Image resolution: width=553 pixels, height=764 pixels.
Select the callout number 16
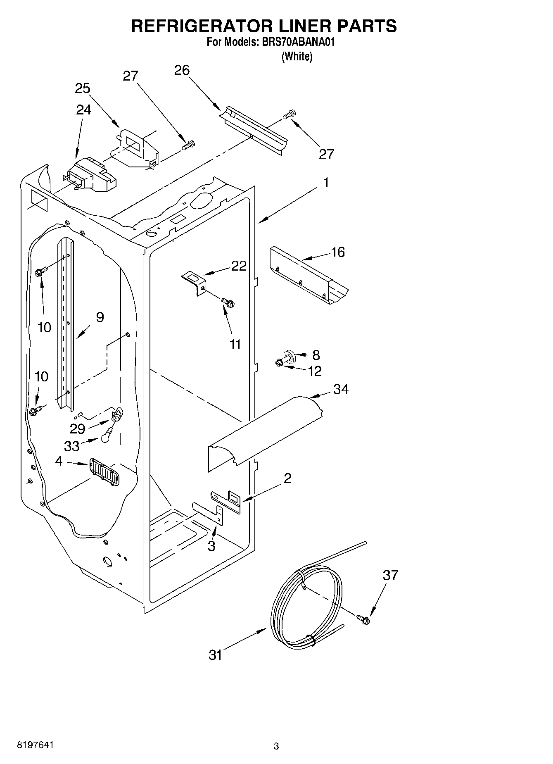pos(338,252)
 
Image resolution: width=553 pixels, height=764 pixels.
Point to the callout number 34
pos(341,389)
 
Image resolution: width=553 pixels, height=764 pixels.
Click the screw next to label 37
pos(364,619)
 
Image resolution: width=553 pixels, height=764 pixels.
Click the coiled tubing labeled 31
pos(306,607)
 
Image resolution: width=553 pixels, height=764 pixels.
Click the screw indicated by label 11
pos(227,302)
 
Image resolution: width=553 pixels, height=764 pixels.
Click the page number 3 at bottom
pos(276,746)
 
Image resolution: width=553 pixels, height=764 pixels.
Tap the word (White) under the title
pos(297,57)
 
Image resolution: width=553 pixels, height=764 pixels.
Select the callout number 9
pos(100,317)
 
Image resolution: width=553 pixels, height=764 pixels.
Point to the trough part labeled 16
pos(308,275)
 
